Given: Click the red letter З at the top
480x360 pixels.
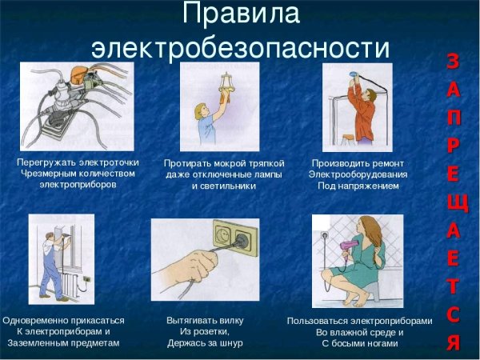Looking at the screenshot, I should pyautogui.click(x=453, y=61).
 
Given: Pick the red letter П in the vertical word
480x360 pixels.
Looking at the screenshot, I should pyautogui.click(x=453, y=118).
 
